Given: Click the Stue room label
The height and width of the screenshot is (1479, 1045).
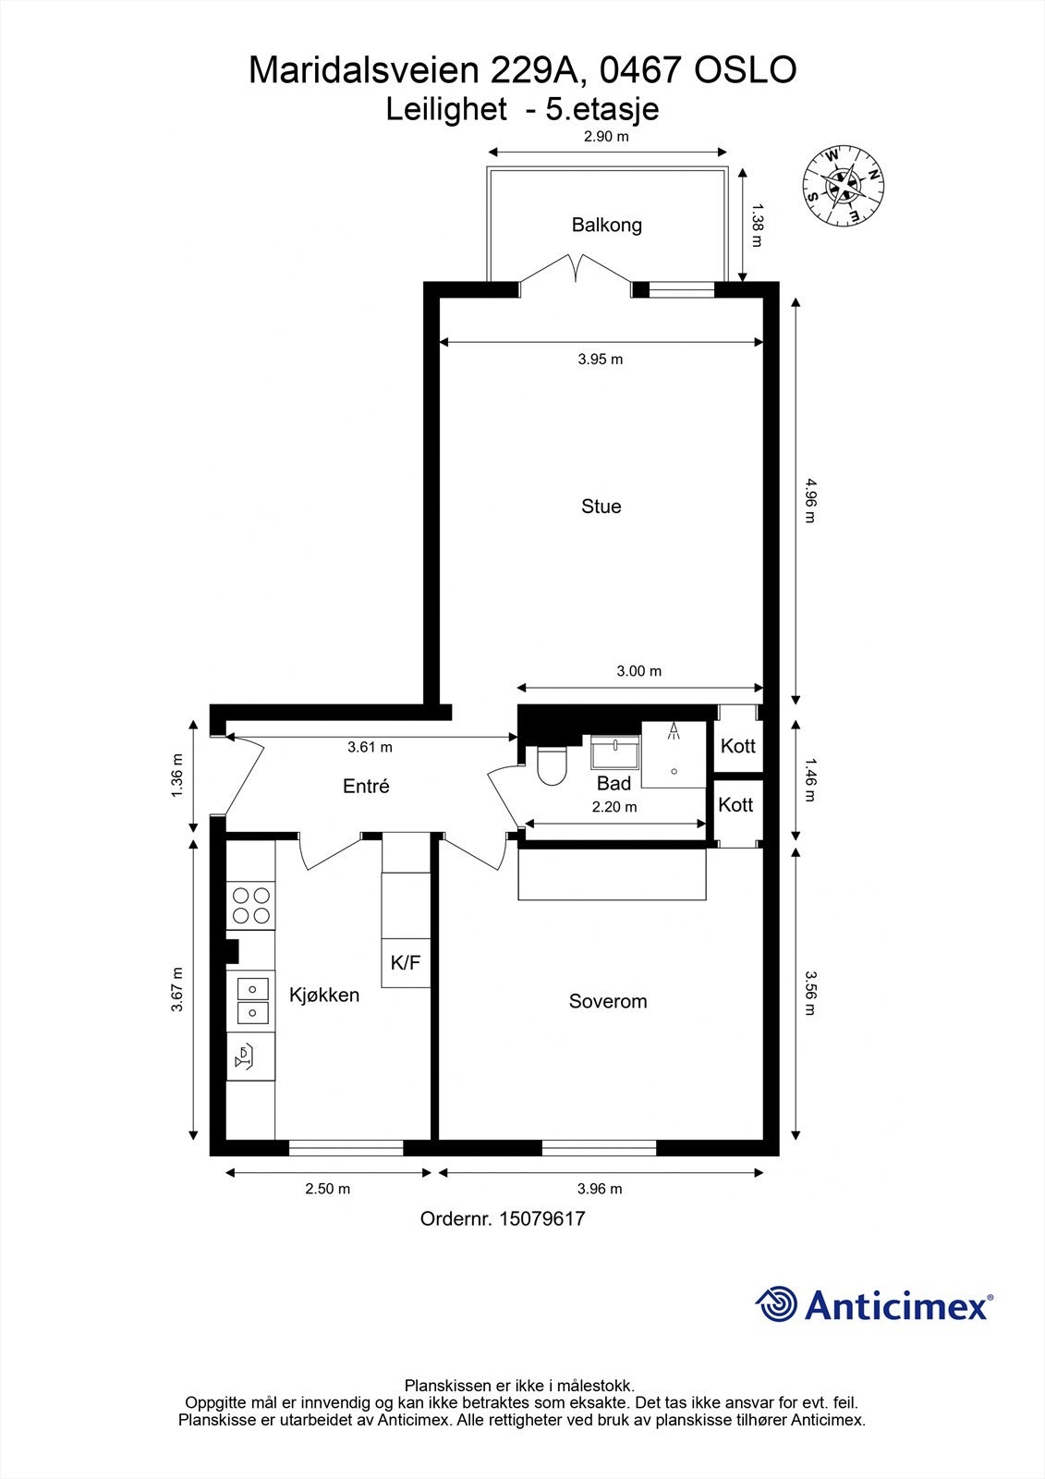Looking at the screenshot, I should [x=601, y=507].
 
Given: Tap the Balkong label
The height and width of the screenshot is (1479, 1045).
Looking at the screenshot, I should [x=606, y=225].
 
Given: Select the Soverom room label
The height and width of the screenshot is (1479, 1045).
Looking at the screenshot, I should [x=607, y=1001].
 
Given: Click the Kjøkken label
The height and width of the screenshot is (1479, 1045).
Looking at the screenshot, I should [x=324, y=996].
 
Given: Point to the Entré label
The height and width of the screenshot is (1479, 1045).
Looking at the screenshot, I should [x=366, y=787].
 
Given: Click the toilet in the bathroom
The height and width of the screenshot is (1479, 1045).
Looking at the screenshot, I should [x=552, y=766].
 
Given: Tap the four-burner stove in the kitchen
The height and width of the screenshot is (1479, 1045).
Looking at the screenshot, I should [x=251, y=905].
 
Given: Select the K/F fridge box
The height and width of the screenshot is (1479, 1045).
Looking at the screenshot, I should [x=406, y=963].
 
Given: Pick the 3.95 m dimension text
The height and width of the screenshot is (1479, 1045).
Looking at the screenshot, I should [x=601, y=360].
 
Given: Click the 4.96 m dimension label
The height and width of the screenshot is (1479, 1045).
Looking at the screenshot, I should [x=810, y=501].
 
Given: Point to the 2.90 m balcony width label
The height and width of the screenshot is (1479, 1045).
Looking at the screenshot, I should [x=606, y=137].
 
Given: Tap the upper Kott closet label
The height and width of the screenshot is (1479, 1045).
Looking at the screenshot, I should [x=737, y=746].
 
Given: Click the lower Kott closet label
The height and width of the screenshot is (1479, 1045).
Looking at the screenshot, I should [x=735, y=805].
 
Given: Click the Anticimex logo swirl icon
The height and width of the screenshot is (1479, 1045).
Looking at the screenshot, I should [x=777, y=1305].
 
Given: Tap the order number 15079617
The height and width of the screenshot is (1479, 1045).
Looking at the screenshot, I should [x=541, y=1219].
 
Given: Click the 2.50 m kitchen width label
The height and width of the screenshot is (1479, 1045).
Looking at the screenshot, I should [x=328, y=1190].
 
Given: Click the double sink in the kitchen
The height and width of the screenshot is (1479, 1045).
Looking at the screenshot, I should [x=252, y=1001].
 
